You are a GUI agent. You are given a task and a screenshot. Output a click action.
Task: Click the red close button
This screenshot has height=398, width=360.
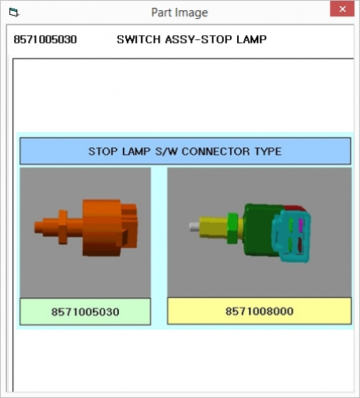[x=342, y=9]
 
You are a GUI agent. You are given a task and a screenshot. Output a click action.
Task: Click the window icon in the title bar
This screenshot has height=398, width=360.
[x=13, y=13]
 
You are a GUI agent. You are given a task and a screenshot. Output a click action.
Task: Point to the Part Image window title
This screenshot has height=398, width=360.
[x=179, y=13]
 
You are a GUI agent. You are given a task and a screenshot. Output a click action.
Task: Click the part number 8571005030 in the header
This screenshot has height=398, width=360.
[x=45, y=40]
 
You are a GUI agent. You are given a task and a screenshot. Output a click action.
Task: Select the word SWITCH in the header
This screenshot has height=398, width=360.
[x=139, y=40]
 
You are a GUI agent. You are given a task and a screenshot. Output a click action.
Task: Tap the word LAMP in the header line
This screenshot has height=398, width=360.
[x=251, y=40]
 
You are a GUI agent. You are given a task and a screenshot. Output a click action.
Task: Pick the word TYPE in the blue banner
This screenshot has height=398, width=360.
[x=268, y=152]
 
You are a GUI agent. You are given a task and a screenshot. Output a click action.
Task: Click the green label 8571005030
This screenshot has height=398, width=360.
[x=85, y=311]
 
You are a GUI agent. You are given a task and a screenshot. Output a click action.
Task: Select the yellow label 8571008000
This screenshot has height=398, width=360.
[x=259, y=311]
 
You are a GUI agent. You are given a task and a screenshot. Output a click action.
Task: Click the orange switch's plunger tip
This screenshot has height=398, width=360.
[x=38, y=227]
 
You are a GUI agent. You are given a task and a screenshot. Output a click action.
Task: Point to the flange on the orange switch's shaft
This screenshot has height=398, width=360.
[x=63, y=227]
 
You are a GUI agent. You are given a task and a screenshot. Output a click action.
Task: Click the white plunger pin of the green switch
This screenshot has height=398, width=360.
[x=194, y=227]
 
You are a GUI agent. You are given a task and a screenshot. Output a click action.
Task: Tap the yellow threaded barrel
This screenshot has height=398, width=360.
[x=214, y=227]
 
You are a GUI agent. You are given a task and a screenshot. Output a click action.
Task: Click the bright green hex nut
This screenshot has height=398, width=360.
[x=232, y=228]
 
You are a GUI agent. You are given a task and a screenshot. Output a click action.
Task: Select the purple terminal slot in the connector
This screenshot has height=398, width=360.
[x=301, y=225]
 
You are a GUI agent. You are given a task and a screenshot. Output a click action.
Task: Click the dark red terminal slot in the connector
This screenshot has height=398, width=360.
[x=300, y=245]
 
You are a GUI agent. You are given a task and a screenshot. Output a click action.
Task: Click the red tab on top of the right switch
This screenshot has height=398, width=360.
[x=294, y=208]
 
